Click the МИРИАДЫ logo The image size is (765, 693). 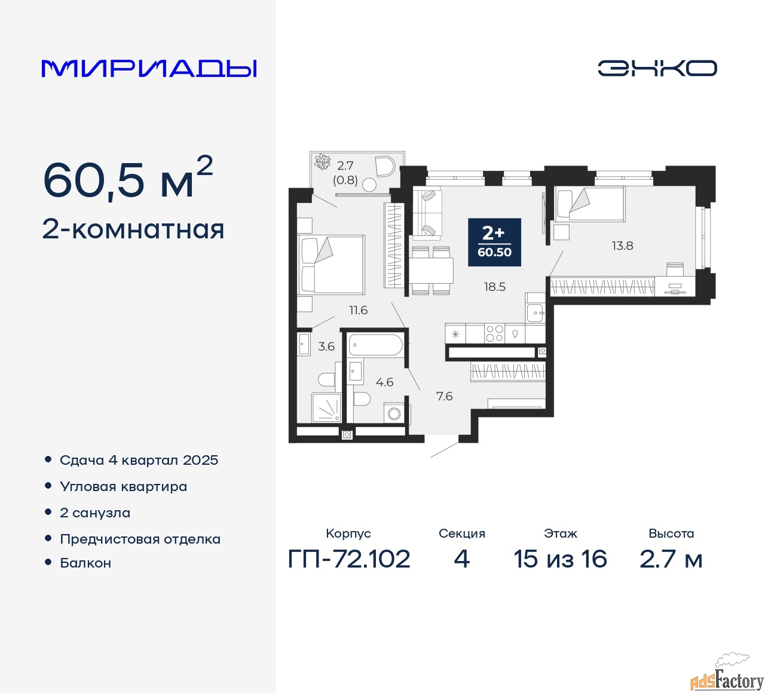(x=149, y=68)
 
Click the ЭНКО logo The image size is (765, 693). (x=657, y=68)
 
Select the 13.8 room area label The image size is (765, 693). (x=622, y=246)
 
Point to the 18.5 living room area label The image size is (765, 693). (x=494, y=287)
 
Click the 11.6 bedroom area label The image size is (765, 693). (x=359, y=310)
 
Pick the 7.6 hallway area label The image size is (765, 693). (x=444, y=396)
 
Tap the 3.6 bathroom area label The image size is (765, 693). (x=326, y=346)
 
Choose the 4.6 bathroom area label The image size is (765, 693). (x=384, y=382)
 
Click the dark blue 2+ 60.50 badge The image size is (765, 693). (x=494, y=241)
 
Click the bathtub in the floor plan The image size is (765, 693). (x=376, y=345)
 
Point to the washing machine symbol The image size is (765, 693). (x=394, y=413)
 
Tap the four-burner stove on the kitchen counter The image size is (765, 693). (x=494, y=333)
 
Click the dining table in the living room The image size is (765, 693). (x=431, y=271)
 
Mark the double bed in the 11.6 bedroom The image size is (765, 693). (x=332, y=265)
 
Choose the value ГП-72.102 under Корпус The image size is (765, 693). (x=349, y=559)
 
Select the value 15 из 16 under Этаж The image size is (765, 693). (x=560, y=559)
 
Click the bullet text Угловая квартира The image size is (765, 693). (x=123, y=487)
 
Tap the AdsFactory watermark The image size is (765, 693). (x=727, y=679)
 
